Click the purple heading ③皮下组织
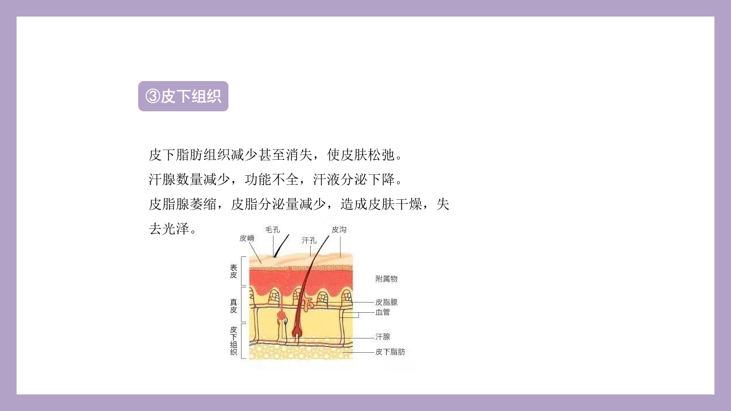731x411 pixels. coord(183,96)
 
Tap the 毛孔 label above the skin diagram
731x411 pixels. coord(272,229)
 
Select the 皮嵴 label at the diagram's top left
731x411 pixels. coord(247,238)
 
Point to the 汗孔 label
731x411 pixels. coord(309,240)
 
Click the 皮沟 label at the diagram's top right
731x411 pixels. coord(339,229)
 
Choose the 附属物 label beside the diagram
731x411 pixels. coord(386,279)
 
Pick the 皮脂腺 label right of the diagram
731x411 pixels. coord(386,302)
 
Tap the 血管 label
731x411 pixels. coord(383,312)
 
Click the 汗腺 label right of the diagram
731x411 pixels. coord(383,337)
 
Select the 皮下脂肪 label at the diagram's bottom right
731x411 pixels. coord(390,352)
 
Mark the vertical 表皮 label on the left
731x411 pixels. coord(234,271)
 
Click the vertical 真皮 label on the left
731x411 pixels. coord(234,305)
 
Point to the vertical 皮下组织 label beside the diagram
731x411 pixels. coord(234,341)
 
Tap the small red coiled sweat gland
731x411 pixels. coord(281,315)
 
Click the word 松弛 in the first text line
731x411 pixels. coord(381,155)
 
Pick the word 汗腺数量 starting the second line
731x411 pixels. coord(176,179)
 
